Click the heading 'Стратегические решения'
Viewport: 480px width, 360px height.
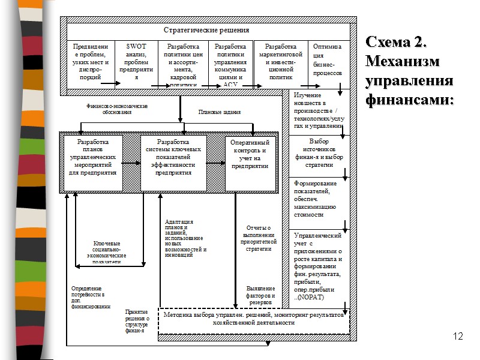pos(206,30)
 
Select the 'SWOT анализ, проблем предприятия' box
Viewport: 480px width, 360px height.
pos(136,62)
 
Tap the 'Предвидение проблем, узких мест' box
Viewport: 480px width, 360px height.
pos(90,62)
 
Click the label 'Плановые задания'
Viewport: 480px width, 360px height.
pos(220,112)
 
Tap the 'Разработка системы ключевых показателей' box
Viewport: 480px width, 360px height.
pos(173,157)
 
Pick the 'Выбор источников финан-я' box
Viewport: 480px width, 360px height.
pos(319,153)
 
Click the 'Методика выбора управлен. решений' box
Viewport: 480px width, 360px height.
pos(253,319)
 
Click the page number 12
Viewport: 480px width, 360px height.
pos(459,336)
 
